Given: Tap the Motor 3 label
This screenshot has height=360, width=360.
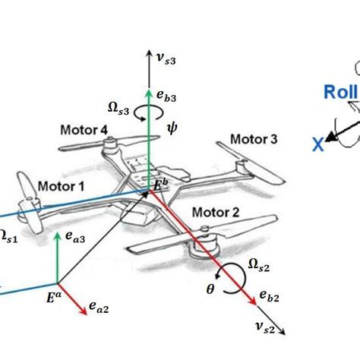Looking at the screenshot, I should [x=253, y=140].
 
